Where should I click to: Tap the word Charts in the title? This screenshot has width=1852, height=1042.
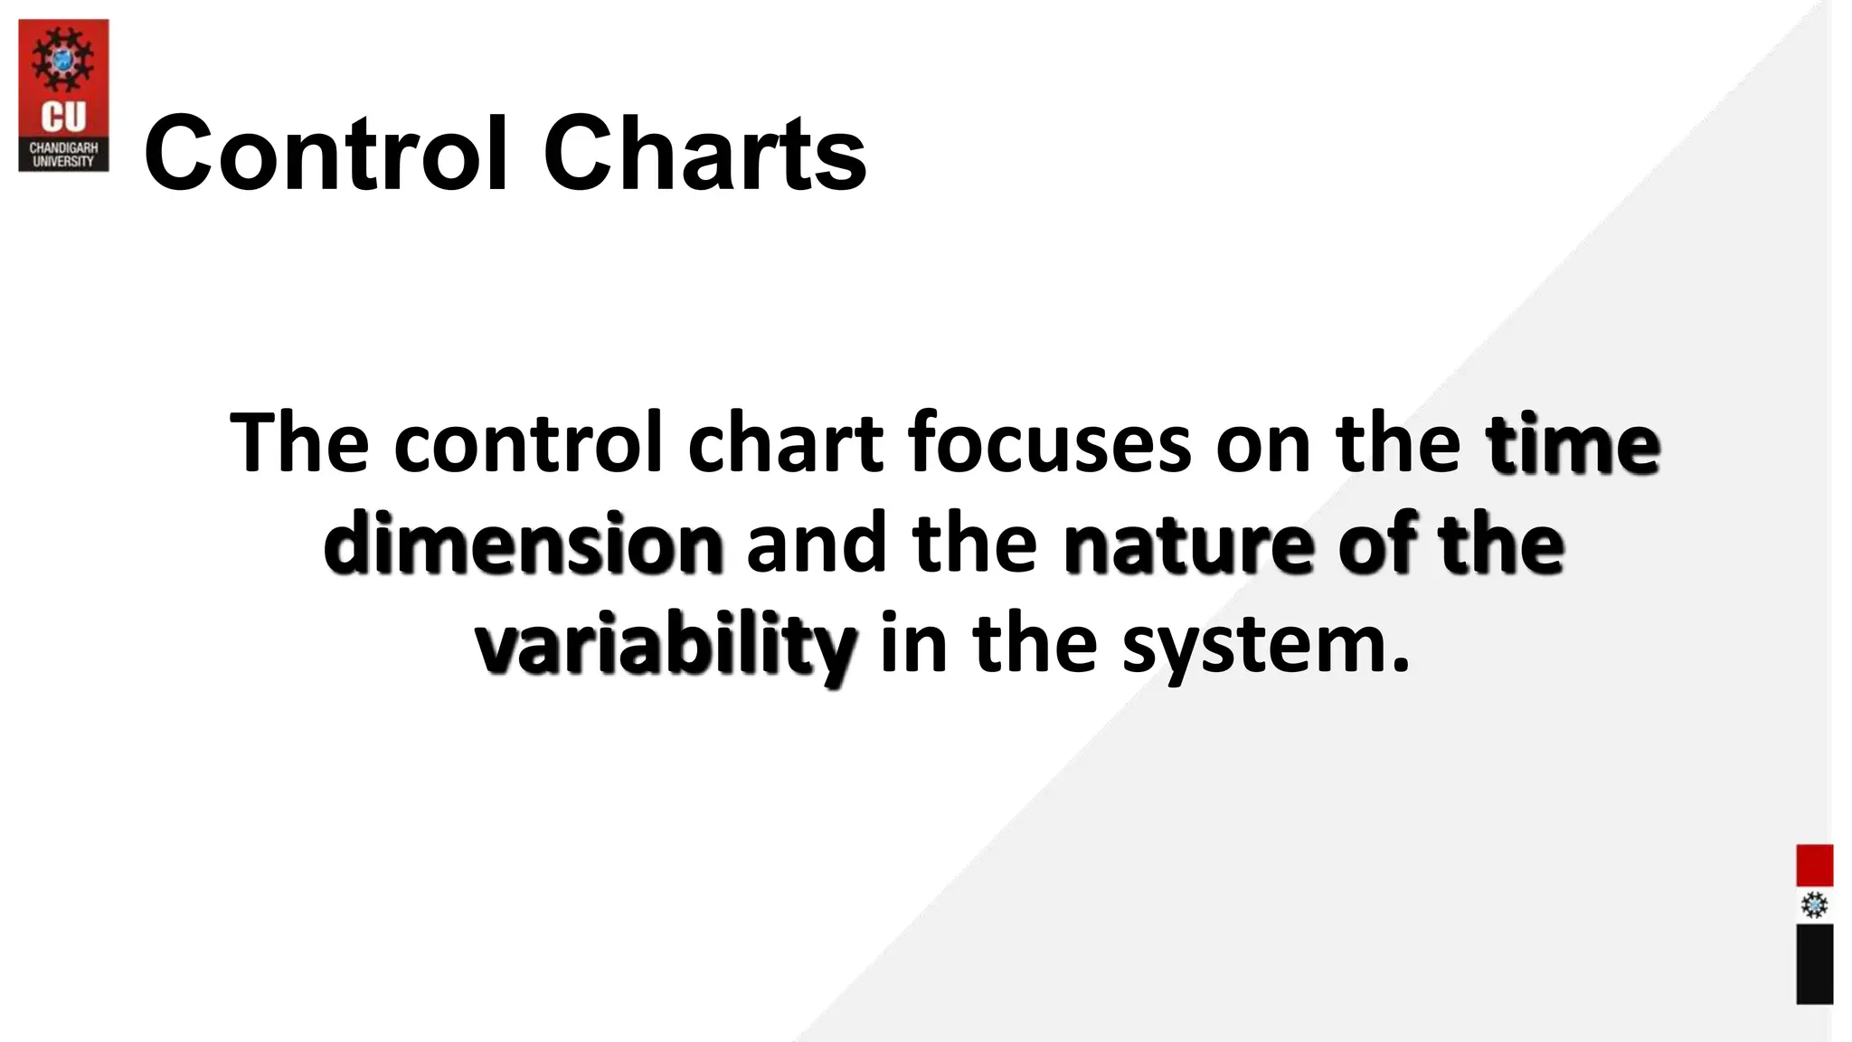[704, 154]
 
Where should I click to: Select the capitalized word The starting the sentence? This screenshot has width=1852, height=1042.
[299, 443]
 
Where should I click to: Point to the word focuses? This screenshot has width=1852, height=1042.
[1049, 443]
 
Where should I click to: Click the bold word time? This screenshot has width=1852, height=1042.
[1573, 443]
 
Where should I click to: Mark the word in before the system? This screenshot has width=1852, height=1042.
[913, 644]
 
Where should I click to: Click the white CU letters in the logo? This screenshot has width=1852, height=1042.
[63, 118]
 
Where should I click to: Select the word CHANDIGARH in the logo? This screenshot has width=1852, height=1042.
[63, 147]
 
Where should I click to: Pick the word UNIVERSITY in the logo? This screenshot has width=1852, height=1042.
[63, 161]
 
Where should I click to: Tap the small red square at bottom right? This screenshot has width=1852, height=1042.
[1814, 866]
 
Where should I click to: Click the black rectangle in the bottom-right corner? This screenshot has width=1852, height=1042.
[1814, 963]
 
